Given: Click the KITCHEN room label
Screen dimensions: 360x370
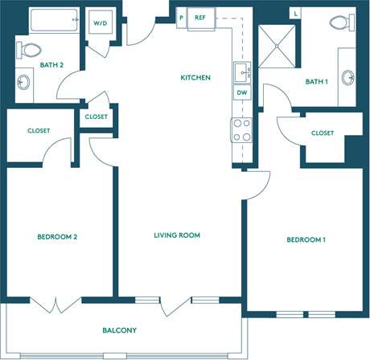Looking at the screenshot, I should (x=195, y=78).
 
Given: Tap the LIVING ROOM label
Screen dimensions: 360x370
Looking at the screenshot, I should (x=177, y=235).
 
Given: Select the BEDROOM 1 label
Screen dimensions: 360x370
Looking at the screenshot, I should (x=306, y=240).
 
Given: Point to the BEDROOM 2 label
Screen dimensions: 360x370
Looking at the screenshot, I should (x=56, y=237).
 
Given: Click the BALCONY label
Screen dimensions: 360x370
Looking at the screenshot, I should (x=119, y=330).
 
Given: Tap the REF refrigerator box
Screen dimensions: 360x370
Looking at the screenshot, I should (x=200, y=17).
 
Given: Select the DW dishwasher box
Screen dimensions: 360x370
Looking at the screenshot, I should (x=241, y=92).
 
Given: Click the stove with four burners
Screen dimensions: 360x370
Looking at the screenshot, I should (x=241, y=129).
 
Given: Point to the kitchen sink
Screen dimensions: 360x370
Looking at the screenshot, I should (x=241, y=73).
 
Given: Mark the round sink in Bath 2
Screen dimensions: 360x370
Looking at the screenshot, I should (x=24, y=83).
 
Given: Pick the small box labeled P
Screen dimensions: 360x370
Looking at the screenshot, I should (x=182, y=17).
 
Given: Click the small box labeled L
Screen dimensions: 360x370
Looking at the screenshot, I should (x=296, y=14).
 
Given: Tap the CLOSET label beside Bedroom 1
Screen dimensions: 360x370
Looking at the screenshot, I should (x=322, y=133).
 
